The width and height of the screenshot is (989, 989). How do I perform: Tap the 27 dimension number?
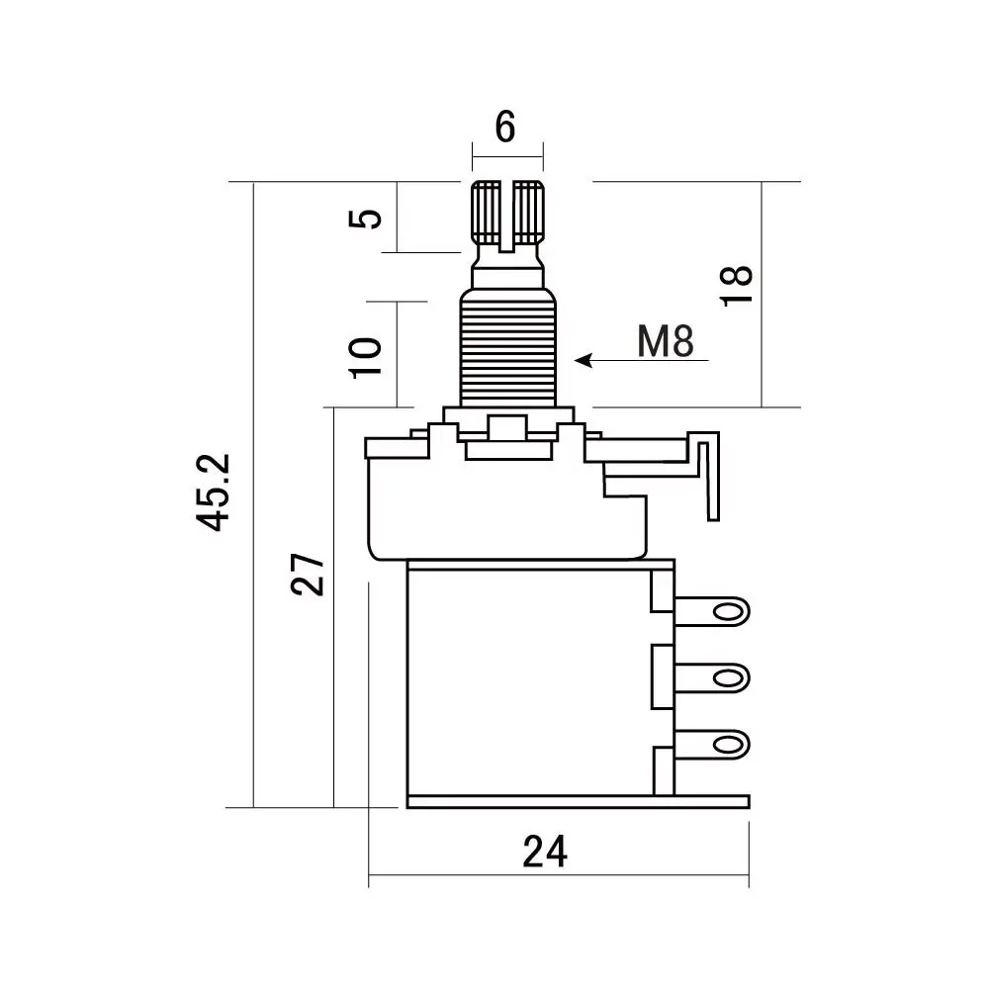click(x=309, y=573)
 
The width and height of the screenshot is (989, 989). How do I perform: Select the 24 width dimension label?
click(x=545, y=852)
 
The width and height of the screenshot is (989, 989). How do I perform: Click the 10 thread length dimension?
click(x=366, y=355)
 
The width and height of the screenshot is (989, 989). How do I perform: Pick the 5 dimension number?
click(x=367, y=217)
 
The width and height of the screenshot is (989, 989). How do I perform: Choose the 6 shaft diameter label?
click(x=505, y=128)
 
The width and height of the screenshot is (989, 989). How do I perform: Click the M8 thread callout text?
click(x=666, y=342)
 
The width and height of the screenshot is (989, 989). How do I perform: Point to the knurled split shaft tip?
click(x=508, y=212)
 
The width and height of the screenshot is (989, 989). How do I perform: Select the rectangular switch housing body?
click(x=529, y=682)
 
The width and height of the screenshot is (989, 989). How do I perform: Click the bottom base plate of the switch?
click(x=579, y=802)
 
